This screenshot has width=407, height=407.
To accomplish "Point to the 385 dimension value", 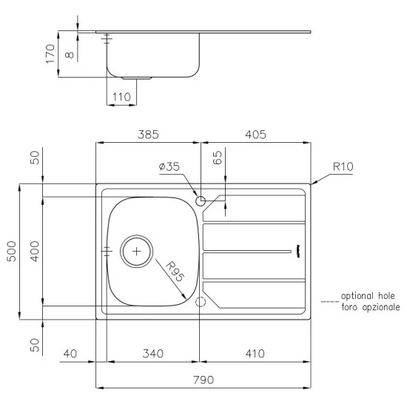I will [x=148, y=135].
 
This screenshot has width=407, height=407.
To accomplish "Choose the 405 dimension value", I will [x=255, y=135].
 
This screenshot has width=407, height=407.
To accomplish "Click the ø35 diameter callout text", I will [x=169, y=167].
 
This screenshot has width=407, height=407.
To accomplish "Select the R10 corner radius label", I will [x=343, y=167].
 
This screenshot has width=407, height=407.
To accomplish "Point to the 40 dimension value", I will [x=70, y=354].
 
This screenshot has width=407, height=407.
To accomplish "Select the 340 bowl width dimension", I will [x=152, y=354].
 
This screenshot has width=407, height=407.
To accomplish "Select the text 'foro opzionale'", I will [x=371, y=306].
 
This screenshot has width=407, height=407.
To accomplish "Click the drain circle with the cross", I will [x=136, y=251].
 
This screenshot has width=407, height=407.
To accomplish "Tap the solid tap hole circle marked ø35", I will [x=200, y=200].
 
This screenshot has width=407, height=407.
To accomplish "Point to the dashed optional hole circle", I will [x=199, y=302].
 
